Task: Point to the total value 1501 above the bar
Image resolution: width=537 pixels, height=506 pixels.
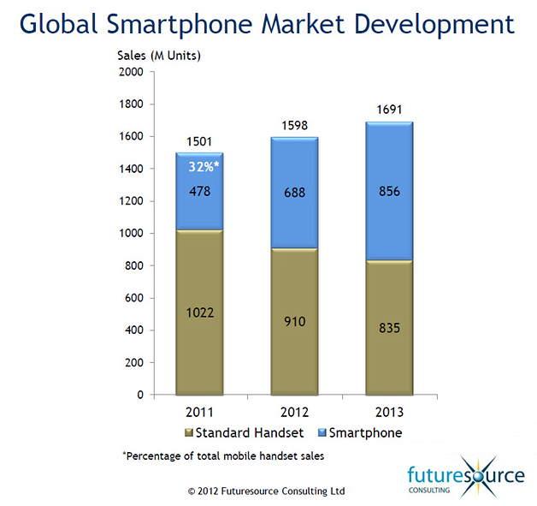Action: coord(199,142)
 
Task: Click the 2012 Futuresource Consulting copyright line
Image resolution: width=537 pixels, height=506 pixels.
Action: coord(267,491)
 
